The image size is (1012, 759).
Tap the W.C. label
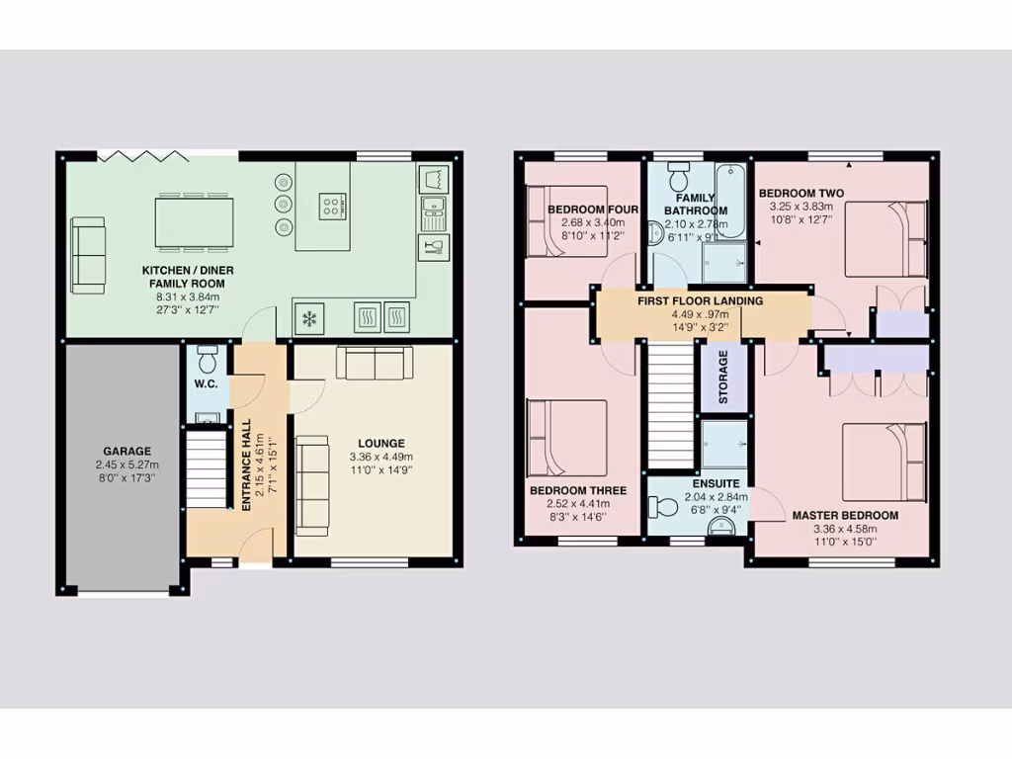[206, 383]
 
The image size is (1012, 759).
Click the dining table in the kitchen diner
[194, 221]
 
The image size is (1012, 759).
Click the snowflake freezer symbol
[309, 318]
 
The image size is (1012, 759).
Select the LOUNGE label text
[379, 444]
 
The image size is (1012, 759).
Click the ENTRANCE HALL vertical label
[246, 464]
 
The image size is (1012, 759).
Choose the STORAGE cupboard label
[723, 377]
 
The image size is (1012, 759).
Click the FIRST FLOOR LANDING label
[700, 301]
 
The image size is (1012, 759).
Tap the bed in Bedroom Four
[566, 220]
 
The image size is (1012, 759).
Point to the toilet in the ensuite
[666, 507]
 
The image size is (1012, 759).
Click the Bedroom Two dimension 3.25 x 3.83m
[801, 208]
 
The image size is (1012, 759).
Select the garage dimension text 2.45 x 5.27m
[127, 464]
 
